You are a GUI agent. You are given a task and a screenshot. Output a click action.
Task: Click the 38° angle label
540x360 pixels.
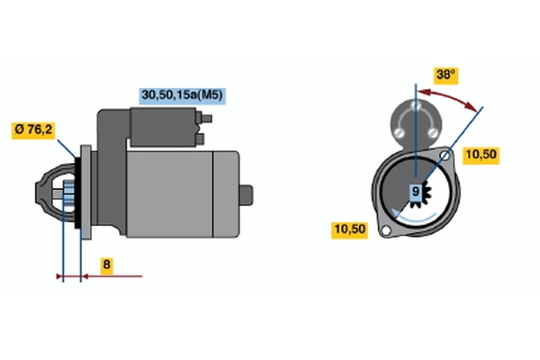point(445,76)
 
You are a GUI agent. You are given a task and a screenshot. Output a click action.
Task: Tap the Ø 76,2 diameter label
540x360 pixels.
point(33,130)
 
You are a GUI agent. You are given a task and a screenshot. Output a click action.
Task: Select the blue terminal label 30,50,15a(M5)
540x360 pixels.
point(182,95)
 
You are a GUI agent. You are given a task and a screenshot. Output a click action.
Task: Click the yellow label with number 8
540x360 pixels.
point(106,265)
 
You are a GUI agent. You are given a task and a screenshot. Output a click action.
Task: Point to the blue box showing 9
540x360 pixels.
point(416,192)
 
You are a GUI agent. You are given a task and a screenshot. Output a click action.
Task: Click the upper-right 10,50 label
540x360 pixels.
point(481,156)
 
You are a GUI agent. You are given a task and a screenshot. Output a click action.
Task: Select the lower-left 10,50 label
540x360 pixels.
point(350,230)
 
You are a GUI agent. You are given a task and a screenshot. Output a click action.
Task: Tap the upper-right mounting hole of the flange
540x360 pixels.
point(445,157)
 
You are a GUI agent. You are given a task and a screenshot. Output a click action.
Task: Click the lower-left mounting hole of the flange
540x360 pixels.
point(386,230)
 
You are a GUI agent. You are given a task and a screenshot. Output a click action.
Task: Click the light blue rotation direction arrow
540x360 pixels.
point(413,216)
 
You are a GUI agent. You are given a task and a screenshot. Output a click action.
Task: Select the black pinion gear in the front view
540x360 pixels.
point(421,194)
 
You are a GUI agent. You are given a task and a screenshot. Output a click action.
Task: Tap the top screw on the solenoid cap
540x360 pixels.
point(416,104)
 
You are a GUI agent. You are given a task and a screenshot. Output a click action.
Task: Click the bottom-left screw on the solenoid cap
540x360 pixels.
point(400,132)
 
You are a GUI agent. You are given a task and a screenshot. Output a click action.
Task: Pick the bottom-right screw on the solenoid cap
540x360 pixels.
point(432,132)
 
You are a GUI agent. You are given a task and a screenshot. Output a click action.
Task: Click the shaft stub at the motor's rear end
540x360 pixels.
point(247,195)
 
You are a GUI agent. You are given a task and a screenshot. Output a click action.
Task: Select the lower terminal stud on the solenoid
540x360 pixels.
point(200,139)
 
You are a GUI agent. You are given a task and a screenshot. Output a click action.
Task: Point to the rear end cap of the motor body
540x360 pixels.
point(226,194)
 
